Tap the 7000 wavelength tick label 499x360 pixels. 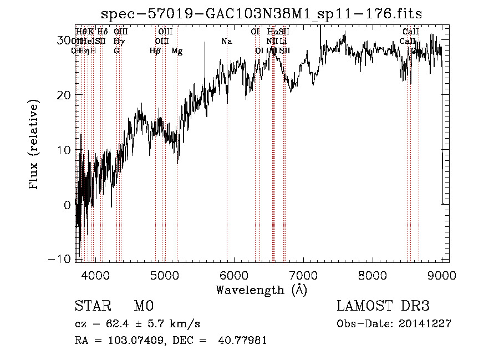tap(303, 275)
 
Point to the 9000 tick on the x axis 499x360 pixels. tap(441, 275)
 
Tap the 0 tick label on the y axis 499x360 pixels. tap(67, 205)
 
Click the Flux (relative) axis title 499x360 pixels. tap(35, 145)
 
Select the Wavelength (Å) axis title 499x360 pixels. tap(261, 290)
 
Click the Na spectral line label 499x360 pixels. tap(226, 42)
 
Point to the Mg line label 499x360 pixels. tap(177, 51)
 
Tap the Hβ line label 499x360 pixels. tap(155, 51)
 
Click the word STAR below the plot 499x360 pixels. tap(92, 306)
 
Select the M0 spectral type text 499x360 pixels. tap(142, 306)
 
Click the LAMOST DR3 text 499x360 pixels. tap(383, 306)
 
